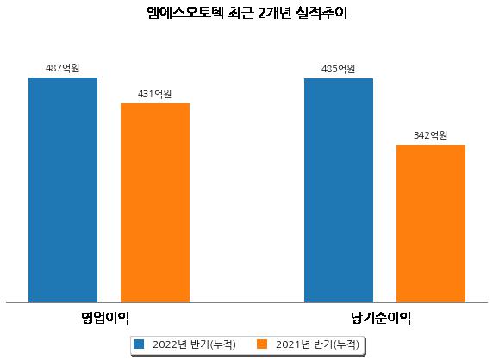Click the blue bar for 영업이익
[63, 190]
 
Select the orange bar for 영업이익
[155, 203]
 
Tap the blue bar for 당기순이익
[339, 190]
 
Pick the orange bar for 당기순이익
[431, 224]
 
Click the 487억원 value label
[62, 68]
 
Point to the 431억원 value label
[154, 94]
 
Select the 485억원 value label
[339, 69]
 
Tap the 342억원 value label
[430, 135]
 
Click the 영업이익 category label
[105, 318]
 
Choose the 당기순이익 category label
[381, 318]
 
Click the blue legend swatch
[139, 344]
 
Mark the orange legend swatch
[262, 344]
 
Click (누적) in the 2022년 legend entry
[222, 344]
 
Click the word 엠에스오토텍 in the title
[185, 13]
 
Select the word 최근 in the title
[240, 13]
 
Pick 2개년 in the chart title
[274, 13]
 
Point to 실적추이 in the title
[321, 13]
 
